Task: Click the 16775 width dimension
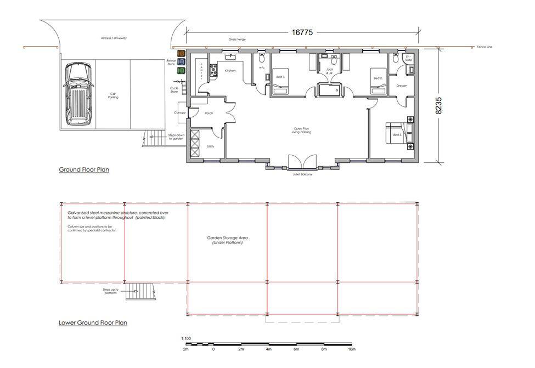(302, 32)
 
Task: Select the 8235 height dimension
(438, 105)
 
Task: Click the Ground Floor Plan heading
(84, 169)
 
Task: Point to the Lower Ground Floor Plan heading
(93, 322)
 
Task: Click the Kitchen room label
(230, 71)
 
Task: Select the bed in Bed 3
(396, 134)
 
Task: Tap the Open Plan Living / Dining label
(302, 131)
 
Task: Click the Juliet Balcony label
(302, 174)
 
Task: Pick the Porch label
(209, 114)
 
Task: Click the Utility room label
(210, 146)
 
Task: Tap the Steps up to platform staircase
(138, 291)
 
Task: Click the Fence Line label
(484, 47)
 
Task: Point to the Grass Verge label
(236, 40)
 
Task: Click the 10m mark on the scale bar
(352, 349)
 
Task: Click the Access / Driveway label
(114, 38)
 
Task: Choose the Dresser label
(401, 86)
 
